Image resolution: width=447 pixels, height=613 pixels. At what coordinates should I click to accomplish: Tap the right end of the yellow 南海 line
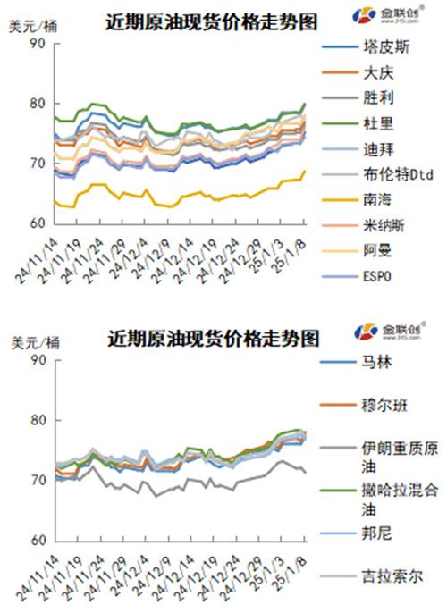tap(305, 171)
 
